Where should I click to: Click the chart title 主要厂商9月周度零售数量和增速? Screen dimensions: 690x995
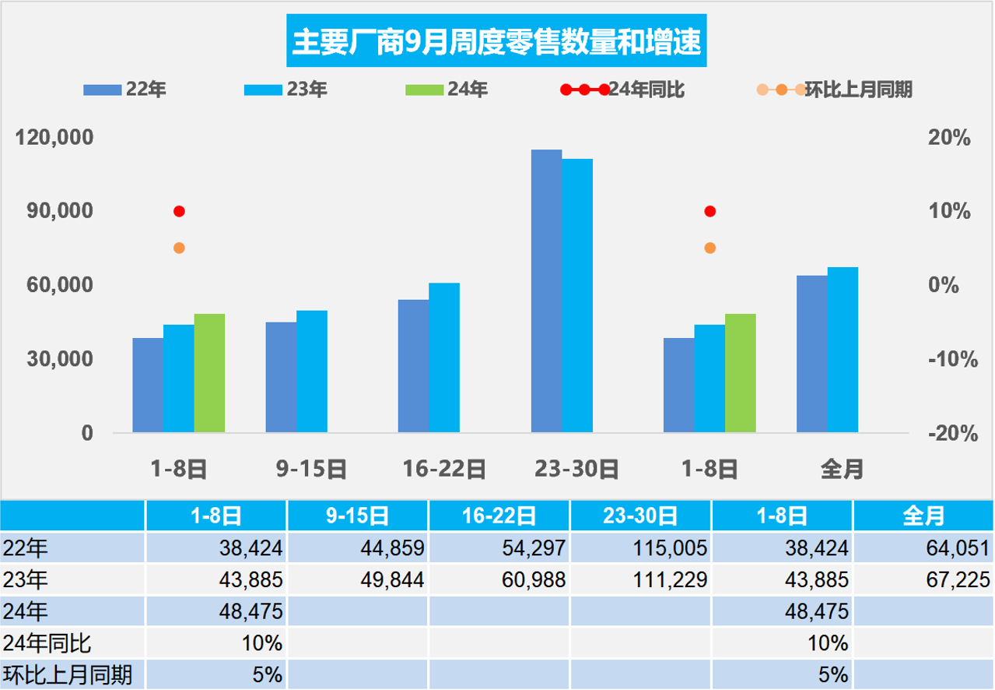[x=497, y=41]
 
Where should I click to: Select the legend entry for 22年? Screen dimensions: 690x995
[x=124, y=90]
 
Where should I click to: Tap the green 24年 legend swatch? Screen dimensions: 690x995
[x=424, y=90]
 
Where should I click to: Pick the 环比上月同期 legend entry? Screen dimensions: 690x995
[x=834, y=90]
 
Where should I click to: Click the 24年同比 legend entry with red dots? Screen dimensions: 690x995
[x=622, y=90]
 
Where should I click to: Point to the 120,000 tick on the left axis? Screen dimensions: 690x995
[x=54, y=138]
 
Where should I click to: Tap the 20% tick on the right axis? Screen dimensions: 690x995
[x=950, y=138]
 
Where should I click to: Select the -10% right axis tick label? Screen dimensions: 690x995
[x=950, y=360]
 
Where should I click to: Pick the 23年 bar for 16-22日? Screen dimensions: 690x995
[x=444, y=357]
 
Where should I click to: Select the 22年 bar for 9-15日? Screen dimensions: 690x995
[x=281, y=377]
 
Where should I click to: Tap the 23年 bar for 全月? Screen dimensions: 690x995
[x=843, y=350]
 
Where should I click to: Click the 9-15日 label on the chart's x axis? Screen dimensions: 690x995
[x=311, y=469]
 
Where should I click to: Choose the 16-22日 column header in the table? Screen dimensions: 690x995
[x=499, y=516]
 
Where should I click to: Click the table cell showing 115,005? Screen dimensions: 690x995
[x=640, y=547]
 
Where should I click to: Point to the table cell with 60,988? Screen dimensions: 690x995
[x=499, y=579]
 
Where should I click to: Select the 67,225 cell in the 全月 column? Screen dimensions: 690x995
[x=923, y=579]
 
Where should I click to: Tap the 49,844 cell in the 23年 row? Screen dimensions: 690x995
[x=357, y=579]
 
